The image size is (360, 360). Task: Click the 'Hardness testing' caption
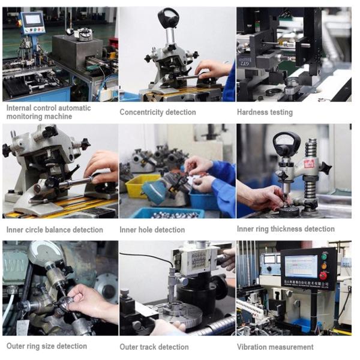point(265,112)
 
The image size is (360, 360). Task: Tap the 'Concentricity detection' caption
point(158,112)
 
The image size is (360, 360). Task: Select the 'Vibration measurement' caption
point(275,347)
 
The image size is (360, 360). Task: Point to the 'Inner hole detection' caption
point(152,230)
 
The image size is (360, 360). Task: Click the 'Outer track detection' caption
point(154,347)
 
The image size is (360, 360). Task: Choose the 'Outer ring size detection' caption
point(47,346)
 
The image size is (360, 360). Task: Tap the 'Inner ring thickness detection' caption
point(286,229)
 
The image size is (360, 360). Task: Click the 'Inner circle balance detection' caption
point(55,230)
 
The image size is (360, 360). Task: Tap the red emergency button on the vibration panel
point(324,275)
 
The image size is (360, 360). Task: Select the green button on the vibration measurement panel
point(324,256)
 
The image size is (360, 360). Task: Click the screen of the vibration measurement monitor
point(301,266)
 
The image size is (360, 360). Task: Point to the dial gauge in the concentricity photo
point(168,17)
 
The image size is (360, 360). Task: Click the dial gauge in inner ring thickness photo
point(287,144)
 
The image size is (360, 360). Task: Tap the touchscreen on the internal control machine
point(34,19)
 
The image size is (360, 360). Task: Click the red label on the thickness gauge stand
point(309,164)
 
